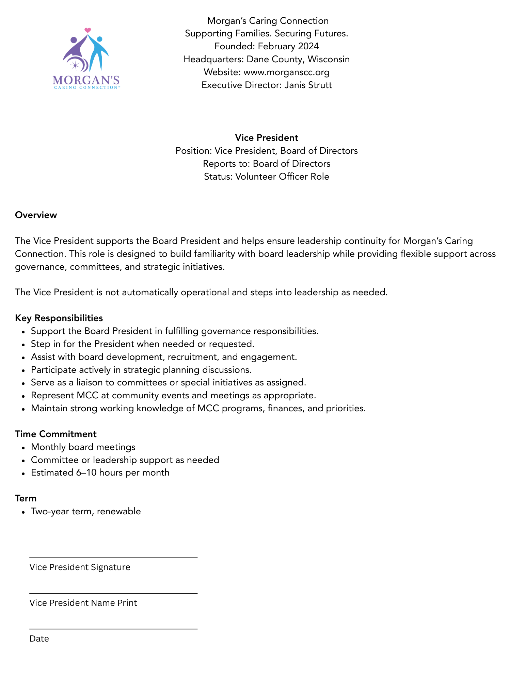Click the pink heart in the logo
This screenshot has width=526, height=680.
point(87,30)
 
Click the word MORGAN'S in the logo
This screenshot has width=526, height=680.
point(86,80)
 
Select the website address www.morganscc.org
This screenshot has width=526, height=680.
point(286,72)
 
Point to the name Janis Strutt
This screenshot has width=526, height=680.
point(308,85)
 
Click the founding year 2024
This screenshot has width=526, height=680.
point(308,46)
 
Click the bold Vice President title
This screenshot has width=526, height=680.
point(267,138)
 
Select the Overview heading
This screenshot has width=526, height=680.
point(36,215)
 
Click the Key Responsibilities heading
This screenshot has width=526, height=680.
point(59,318)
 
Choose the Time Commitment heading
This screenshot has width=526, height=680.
point(56,434)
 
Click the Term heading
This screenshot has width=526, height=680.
point(26,498)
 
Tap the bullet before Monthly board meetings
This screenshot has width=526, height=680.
point(23,447)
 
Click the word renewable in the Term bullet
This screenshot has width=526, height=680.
point(119,511)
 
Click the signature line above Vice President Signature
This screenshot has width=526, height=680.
point(113,558)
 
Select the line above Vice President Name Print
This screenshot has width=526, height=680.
point(113,593)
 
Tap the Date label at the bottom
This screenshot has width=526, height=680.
point(39,638)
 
